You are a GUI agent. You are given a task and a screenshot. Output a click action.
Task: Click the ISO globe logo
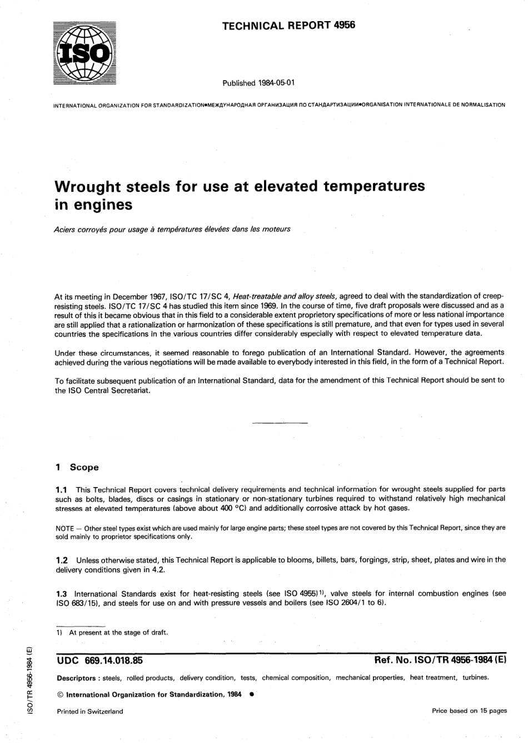[84, 53]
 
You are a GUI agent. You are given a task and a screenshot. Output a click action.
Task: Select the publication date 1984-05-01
[276, 83]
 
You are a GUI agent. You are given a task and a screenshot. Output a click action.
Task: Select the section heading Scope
[84, 468]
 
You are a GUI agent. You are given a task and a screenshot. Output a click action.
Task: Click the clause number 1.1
[62, 490]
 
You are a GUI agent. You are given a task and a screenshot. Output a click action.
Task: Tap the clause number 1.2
[62, 560]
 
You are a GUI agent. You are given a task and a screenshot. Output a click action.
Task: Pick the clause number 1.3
[62, 594]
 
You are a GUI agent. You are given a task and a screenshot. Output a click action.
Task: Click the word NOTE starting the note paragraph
[66, 528]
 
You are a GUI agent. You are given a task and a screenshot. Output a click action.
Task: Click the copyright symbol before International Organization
[60, 695]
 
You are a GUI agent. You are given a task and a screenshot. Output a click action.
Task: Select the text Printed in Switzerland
[89, 711]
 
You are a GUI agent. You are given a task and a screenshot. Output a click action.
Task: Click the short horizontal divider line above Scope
[280, 424]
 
